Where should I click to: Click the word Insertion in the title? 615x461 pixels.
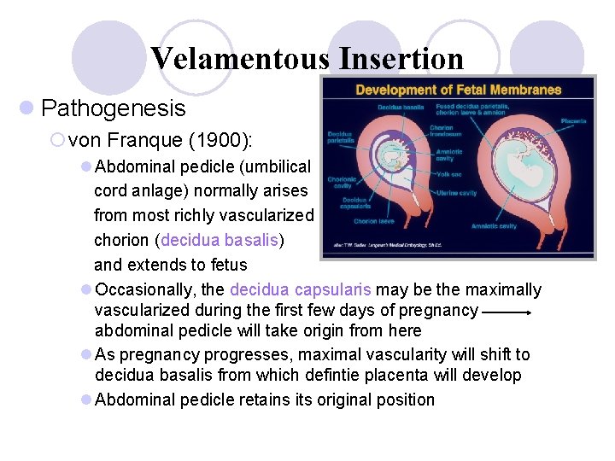[x=401, y=59]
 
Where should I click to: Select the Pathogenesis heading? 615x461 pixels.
[x=113, y=108]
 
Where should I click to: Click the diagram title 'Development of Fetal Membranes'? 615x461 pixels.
[x=458, y=90]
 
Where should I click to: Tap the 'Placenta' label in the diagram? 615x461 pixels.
[x=573, y=121]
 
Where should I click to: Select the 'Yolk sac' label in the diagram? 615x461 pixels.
[x=449, y=174]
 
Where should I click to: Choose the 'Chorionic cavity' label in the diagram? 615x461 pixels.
[x=341, y=183]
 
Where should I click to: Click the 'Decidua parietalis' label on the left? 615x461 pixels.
[x=340, y=137]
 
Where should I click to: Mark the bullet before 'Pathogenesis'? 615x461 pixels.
[x=27, y=108]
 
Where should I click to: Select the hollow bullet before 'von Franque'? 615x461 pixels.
[x=58, y=140]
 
